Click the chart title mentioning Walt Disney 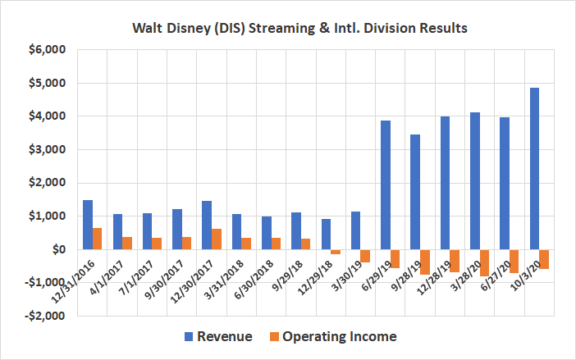point(287,26)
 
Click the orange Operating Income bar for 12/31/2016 point(98,239)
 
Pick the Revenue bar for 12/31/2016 point(88,225)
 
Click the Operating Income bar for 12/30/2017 point(216,239)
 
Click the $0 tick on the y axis point(55,249)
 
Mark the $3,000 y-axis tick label point(46,149)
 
